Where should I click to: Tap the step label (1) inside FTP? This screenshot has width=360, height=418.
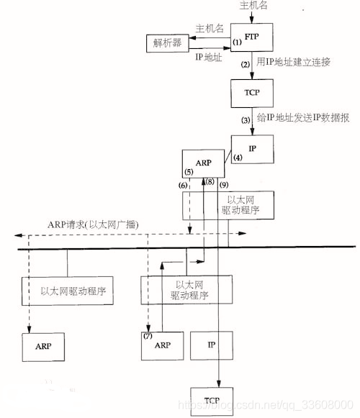[x=236, y=43]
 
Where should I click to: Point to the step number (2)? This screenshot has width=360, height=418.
[x=245, y=65]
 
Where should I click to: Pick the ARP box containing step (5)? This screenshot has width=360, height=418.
[x=202, y=164]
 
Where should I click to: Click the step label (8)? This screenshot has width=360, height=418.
[x=210, y=183]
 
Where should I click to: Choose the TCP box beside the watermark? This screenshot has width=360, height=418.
[x=211, y=399]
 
